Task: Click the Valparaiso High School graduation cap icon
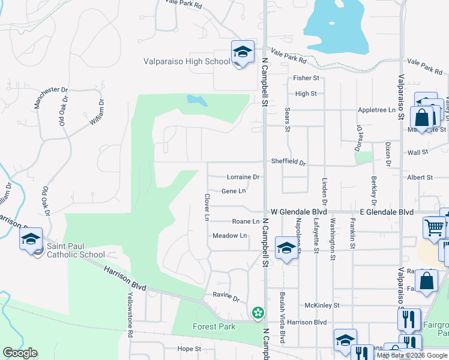point(242,52)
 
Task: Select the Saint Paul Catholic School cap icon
point(31,239)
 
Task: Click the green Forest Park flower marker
point(258,312)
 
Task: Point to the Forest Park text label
point(214,326)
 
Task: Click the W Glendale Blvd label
point(298,212)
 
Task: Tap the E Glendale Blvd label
point(387,212)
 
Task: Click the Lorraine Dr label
point(243,177)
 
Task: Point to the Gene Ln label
point(234,191)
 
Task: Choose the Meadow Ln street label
point(230,236)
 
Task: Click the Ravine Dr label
point(226,296)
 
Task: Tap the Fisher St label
point(306,79)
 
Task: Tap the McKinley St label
point(322,305)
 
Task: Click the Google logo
point(20,353)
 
